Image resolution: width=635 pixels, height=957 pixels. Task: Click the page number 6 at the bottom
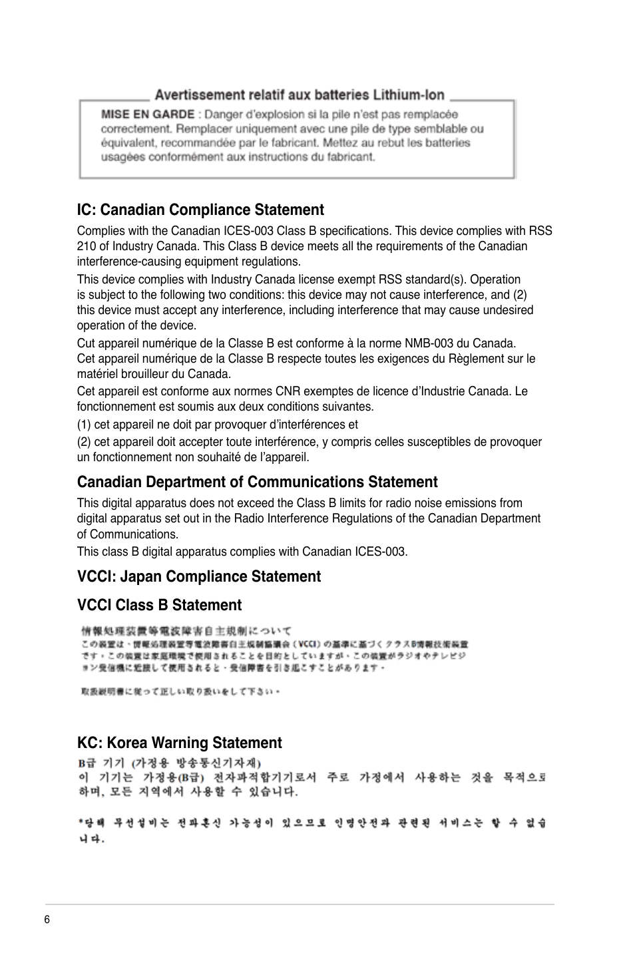tap(47, 920)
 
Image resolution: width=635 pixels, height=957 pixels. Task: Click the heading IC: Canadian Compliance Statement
tap(200, 210)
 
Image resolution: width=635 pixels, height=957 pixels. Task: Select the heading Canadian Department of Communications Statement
tap(257, 482)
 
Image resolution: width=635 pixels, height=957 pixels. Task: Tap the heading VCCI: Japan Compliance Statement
tap(198, 576)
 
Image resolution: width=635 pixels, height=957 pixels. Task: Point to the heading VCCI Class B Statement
tap(159, 605)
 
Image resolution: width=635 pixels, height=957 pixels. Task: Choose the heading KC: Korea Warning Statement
tap(179, 743)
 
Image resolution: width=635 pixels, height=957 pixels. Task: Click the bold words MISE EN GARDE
tap(148, 114)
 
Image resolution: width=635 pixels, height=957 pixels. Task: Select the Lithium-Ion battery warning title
tap(299, 95)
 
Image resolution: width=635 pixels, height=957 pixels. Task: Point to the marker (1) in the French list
tap(84, 425)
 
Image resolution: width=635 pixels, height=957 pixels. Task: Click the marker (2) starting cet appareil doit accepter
tap(84, 442)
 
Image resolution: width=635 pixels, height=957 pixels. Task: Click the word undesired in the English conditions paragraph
tap(509, 310)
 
